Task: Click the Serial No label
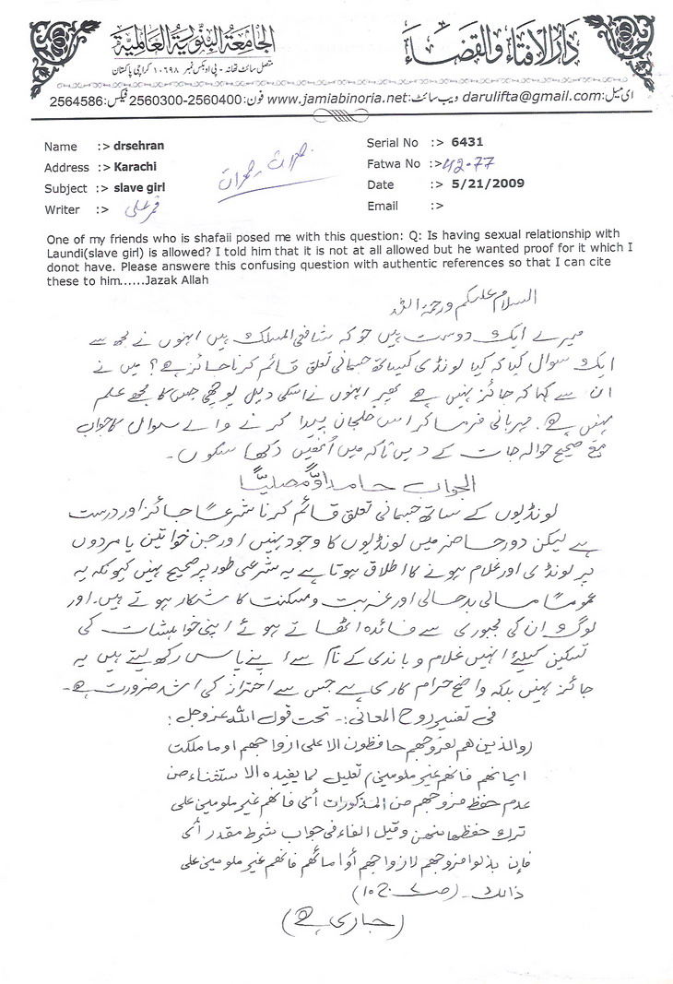pyautogui.click(x=394, y=143)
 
